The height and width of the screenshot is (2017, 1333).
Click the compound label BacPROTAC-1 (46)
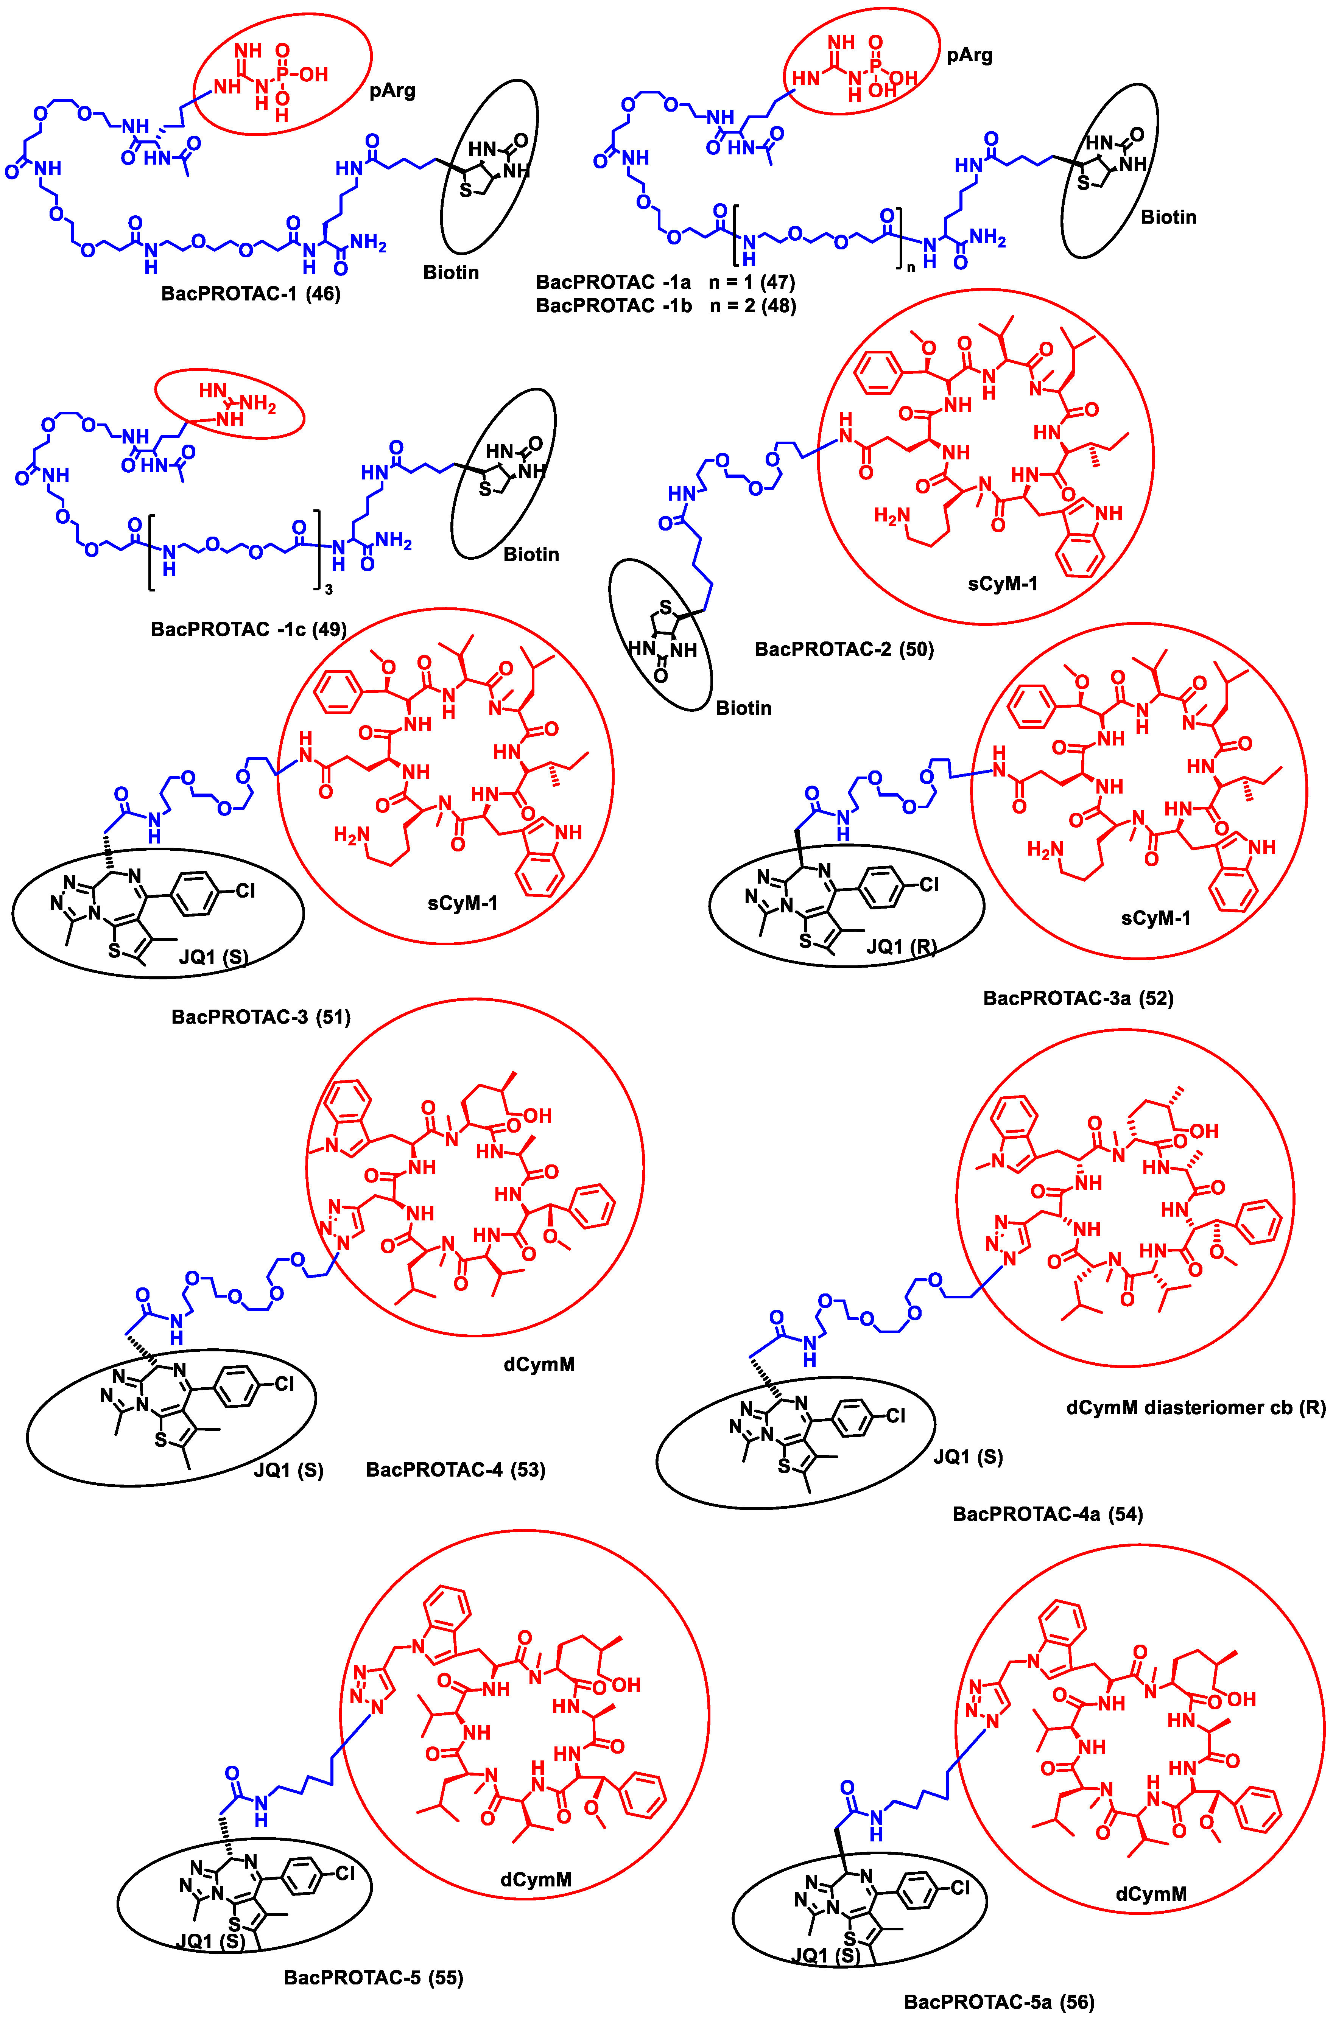251,295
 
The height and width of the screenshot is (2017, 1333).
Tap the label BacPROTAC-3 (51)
261,1016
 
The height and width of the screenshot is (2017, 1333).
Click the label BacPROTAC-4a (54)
1047,1514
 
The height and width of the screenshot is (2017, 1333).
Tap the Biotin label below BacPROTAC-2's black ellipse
743,708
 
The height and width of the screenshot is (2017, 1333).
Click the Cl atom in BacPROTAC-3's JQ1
245,892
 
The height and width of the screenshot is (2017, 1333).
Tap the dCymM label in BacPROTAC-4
539,1364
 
